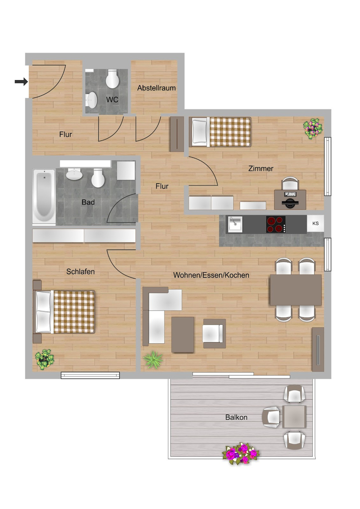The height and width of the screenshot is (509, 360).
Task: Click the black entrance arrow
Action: (x=21, y=82)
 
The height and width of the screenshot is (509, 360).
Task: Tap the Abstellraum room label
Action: (x=156, y=88)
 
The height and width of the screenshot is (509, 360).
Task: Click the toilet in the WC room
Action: (x=112, y=79)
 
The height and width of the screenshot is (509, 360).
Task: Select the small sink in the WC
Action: (x=92, y=100)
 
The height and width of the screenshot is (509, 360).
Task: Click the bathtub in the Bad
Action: (x=44, y=197)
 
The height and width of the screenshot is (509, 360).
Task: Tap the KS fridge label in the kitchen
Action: (x=315, y=223)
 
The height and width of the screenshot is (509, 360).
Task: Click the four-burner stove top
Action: (x=276, y=224)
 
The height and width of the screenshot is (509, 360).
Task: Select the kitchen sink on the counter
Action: (x=234, y=224)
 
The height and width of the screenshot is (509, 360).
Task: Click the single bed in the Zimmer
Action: (x=220, y=132)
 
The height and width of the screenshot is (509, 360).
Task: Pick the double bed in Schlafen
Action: (x=65, y=312)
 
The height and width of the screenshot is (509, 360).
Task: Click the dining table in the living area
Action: (x=296, y=290)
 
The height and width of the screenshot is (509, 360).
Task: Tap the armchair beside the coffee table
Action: (x=214, y=333)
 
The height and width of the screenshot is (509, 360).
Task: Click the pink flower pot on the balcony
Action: (x=241, y=454)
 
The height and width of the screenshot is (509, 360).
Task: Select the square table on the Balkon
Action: (x=294, y=417)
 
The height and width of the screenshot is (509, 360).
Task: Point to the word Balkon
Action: (x=236, y=417)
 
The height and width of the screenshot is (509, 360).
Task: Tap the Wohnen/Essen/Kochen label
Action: (x=211, y=275)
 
